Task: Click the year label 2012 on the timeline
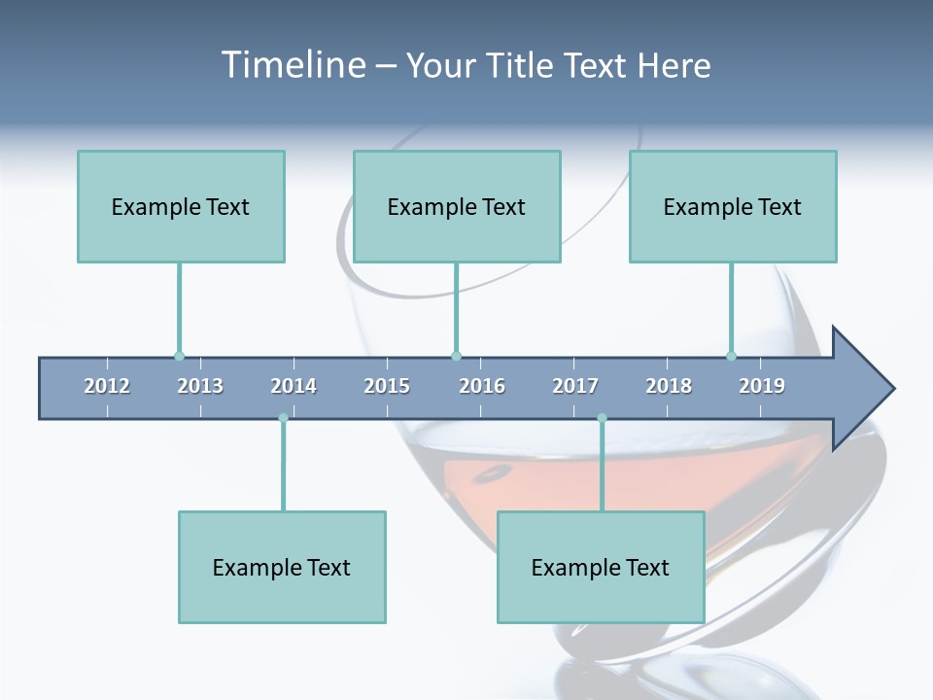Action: pos(107,386)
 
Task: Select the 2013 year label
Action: pos(200,386)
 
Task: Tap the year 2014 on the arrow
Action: pos(294,386)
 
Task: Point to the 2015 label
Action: pos(387,386)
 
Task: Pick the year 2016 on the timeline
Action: pos(482,386)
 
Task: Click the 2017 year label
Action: pos(575,386)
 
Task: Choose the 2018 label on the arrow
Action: pos(669,386)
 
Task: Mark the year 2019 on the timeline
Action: pos(762,386)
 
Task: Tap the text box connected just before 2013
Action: pos(181,206)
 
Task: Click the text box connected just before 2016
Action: pos(457,206)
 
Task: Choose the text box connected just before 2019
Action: pos(733,206)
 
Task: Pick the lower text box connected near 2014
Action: pos(282,567)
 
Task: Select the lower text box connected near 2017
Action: pos(601,567)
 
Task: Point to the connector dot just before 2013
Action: pos(179,356)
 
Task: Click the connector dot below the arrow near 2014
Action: pos(283,418)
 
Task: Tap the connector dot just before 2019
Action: pos(731,356)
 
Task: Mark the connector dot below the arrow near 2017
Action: pos(602,418)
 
